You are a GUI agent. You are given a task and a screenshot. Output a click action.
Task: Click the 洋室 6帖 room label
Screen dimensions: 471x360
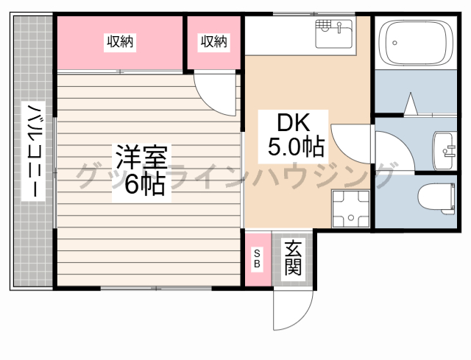[141, 170]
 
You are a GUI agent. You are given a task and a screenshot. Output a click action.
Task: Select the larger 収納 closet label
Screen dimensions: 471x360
[120, 41]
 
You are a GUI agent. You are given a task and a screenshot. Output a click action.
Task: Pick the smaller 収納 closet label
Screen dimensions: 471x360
[214, 41]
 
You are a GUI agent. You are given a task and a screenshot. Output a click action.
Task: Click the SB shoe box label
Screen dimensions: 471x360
[257, 258]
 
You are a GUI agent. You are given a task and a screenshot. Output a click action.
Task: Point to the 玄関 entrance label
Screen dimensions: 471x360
[293, 258]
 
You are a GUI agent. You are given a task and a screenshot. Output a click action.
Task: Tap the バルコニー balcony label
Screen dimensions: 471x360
[34, 150]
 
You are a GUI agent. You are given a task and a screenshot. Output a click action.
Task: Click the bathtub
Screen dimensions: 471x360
[416, 42]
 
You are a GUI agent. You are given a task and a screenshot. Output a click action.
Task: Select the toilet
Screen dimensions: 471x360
[436, 199]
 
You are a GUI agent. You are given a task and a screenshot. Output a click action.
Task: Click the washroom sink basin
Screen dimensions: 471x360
[443, 151]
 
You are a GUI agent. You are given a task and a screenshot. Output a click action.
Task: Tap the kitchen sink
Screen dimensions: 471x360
[333, 33]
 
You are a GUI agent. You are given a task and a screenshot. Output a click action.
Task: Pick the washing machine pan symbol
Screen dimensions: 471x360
[350, 208]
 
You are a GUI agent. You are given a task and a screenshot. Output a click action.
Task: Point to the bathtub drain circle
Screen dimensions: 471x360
[394, 43]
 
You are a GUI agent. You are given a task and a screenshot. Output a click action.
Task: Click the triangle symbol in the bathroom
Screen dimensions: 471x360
[411, 104]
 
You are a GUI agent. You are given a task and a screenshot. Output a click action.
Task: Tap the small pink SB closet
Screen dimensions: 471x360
[258, 259]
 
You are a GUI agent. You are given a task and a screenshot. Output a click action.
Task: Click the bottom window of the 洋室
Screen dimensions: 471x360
[156, 289]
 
